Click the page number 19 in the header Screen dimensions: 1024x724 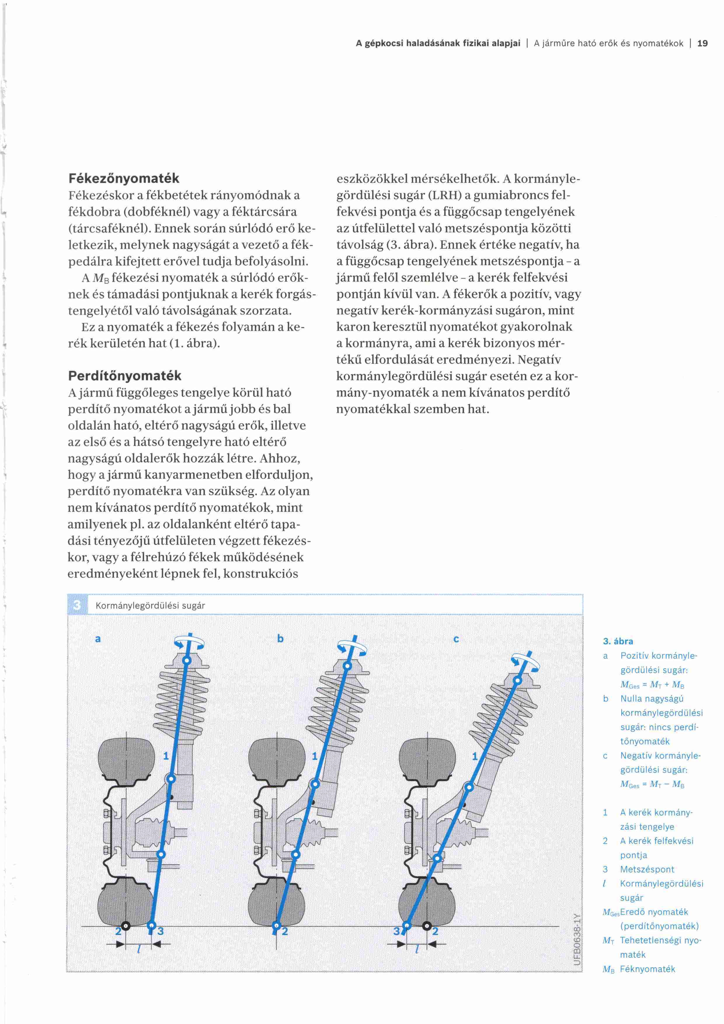coord(702,43)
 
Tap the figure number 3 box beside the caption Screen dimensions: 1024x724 coord(77,605)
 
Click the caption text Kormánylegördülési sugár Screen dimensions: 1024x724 coord(150,606)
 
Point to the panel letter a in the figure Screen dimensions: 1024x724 coord(98,639)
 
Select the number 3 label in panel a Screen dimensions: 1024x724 coord(161,931)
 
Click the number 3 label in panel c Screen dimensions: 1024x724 coord(396,931)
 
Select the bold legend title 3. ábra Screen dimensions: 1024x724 coord(618,641)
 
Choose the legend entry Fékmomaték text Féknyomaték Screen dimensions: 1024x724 coord(647,969)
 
